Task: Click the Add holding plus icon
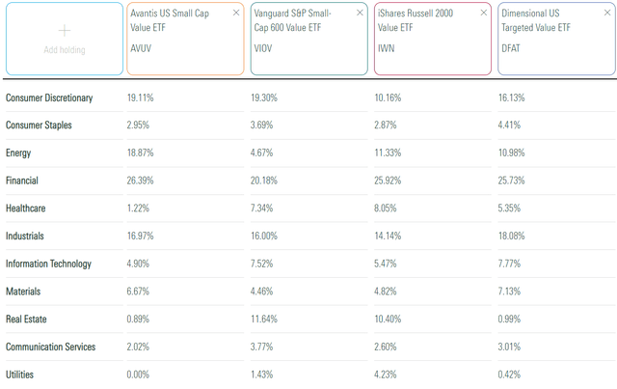click(x=64, y=29)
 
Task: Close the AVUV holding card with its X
click(x=236, y=14)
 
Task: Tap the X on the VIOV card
click(x=360, y=14)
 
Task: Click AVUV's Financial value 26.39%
click(x=142, y=181)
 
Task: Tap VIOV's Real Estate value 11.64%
click(x=265, y=319)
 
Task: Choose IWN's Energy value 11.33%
click(x=389, y=153)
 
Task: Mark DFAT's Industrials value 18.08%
click(x=513, y=236)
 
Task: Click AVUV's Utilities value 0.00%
click(x=140, y=374)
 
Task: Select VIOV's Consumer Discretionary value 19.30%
click(x=265, y=97)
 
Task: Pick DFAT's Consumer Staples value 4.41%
click(x=511, y=125)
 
